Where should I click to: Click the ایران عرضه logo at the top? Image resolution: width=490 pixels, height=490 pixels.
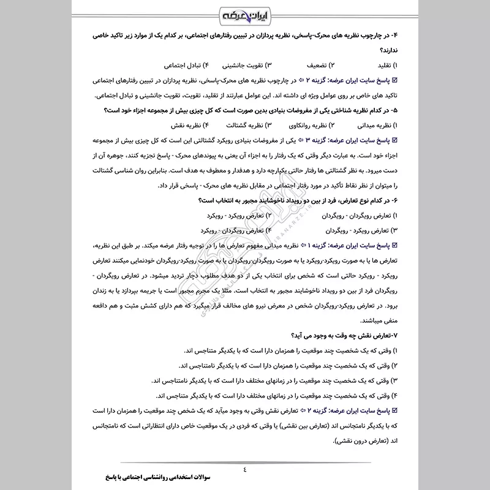245,13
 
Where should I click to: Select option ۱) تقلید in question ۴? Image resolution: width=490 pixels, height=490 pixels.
382,64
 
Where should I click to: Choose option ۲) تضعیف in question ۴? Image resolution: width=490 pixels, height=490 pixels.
321,64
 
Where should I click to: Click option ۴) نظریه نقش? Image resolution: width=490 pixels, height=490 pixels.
178,126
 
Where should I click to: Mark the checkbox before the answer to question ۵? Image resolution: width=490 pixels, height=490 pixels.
394,141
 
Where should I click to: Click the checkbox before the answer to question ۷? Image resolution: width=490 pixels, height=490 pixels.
394,410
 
